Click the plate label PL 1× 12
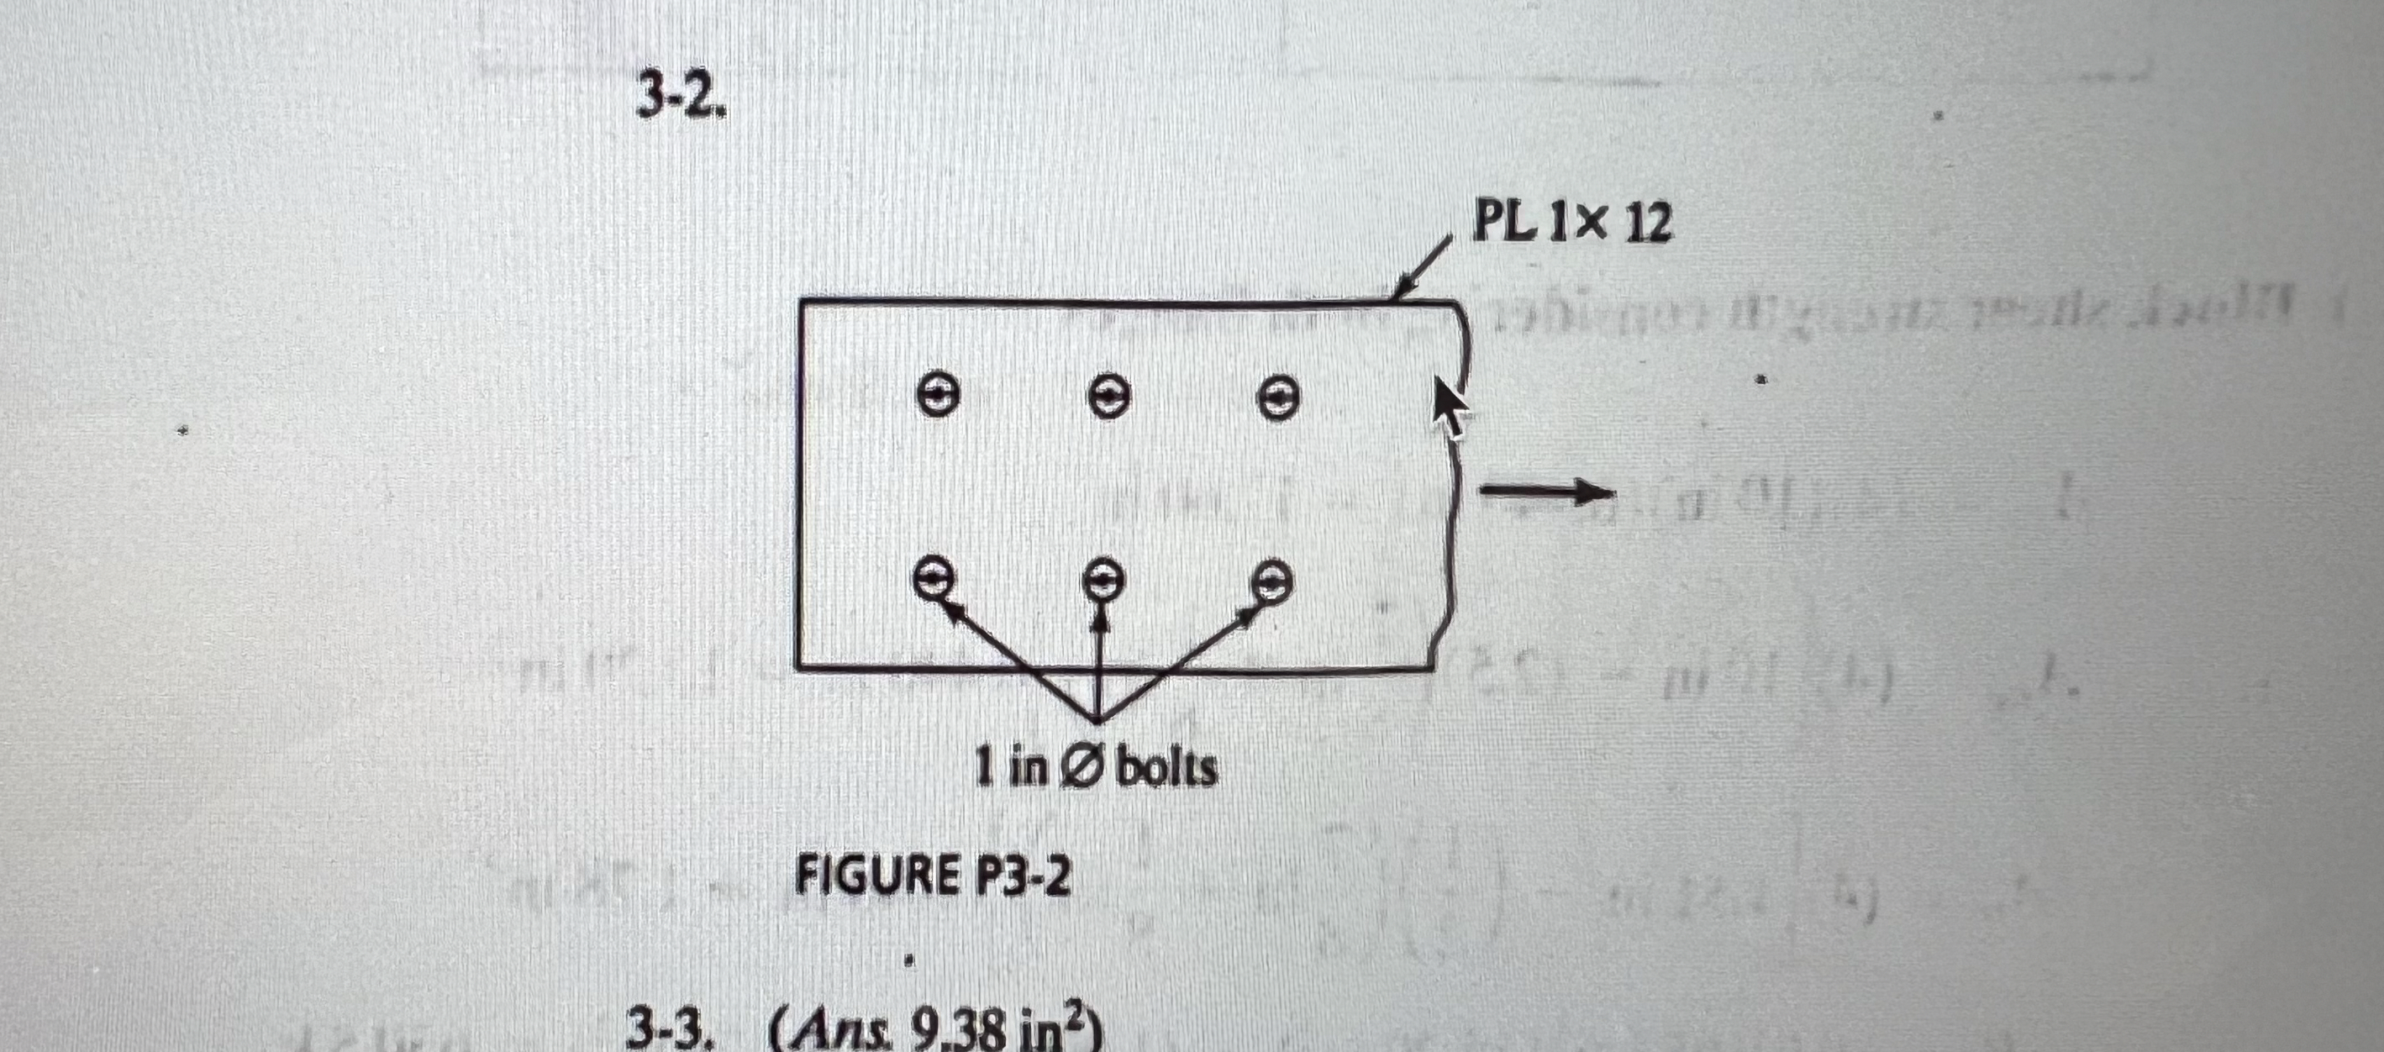[1572, 223]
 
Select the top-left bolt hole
[937, 396]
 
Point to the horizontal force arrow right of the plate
[1545, 492]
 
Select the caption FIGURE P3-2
[933, 876]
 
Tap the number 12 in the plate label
[1647, 224]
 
